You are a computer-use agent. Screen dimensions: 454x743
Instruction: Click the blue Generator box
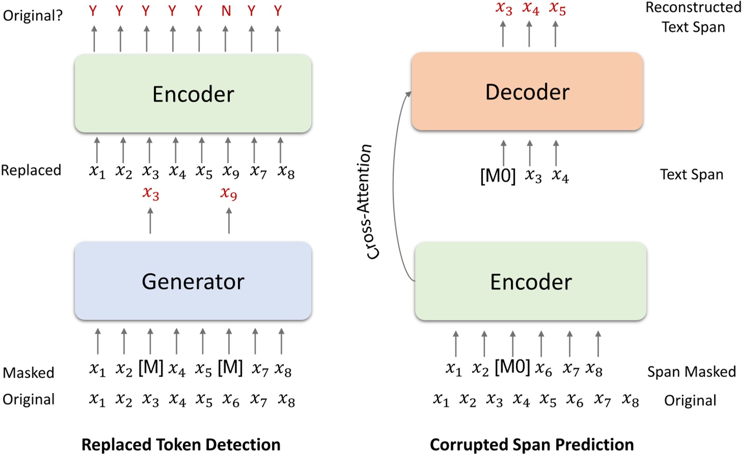(x=193, y=281)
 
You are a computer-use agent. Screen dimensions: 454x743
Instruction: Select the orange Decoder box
(x=527, y=92)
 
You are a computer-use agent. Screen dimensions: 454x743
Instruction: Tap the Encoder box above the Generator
(x=193, y=94)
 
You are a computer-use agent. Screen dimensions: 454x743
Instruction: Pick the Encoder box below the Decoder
(x=531, y=281)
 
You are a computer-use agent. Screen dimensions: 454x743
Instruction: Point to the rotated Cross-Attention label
(x=370, y=202)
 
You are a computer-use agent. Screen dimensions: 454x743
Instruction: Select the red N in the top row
(x=226, y=11)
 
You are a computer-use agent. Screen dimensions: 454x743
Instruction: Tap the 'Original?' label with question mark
(x=33, y=15)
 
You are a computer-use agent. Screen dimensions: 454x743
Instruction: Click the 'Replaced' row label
(x=31, y=170)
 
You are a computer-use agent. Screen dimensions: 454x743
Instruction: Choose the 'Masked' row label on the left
(x=29, y=373)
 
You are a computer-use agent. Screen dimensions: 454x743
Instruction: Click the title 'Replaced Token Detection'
(x=181, y=444)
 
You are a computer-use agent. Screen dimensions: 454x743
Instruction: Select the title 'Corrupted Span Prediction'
(x=532, y=444)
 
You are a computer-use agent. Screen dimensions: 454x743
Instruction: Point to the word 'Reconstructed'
(x=693, y=8)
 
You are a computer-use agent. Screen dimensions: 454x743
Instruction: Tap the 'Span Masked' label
(x=691, y=372)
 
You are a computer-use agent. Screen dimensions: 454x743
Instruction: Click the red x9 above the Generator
(x=229, y=193)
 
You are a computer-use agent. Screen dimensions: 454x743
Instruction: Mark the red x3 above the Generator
(x=151, y=193)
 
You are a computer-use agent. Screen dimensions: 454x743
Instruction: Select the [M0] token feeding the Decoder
(x=498, y=176)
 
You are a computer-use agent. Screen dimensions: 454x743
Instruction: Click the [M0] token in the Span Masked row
(x=512, y=367)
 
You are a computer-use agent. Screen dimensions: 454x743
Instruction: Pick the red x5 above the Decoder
(x=557, y=9)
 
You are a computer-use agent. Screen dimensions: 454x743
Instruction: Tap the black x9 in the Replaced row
(x=231, y=172)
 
